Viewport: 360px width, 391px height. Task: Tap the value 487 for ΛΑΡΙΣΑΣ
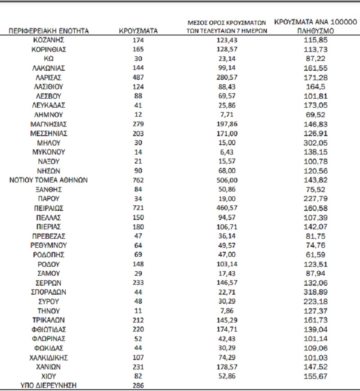click(x=138, y=77)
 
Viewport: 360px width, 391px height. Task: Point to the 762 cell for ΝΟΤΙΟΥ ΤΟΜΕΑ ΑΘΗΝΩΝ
click(x=138, y=180)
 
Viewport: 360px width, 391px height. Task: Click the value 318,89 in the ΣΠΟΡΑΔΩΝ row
click(x=315, y=292)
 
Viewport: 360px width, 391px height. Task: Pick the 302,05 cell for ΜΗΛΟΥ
click(x=315, y=142)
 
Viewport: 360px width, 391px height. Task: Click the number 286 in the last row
click(x=138, y=385)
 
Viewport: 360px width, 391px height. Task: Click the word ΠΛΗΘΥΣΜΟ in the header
click(x=315, y=31)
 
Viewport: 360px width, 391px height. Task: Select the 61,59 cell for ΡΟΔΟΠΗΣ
click(x=315, y=255)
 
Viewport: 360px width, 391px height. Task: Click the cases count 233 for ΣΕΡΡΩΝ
click(x=138, y=282)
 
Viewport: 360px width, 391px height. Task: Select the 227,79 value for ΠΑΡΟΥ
click(x=315, y=199)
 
